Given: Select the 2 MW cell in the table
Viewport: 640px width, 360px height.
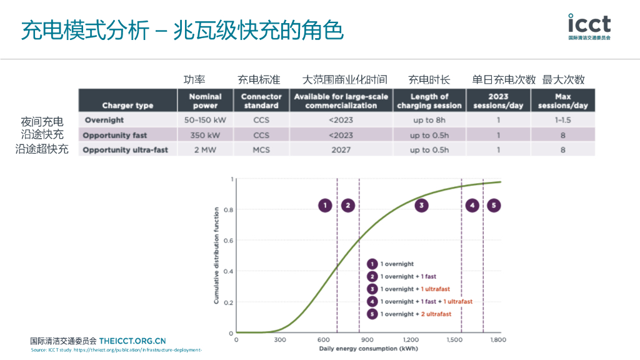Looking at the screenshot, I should [x=205, y=150].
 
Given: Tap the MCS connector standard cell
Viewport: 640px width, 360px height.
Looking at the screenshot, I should [x=261, y=150].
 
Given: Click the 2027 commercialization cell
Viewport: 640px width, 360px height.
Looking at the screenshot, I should [x=341, y=150].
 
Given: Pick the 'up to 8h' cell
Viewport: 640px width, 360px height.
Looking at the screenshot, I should [x=429, y=120].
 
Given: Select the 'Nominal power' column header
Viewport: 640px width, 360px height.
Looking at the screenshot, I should [x=205, y=101].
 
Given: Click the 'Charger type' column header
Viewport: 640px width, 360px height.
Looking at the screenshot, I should [x=127, y=106].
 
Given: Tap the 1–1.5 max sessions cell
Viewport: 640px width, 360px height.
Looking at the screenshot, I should [x=562, y=120].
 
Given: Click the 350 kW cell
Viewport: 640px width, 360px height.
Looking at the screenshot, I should [x=205, y=135].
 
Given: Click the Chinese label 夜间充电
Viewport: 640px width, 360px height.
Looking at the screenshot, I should [x=42, y=121].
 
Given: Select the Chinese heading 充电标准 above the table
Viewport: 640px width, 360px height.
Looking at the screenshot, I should [x=259, y=80].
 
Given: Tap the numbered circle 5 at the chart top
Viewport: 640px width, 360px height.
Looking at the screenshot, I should [x=494, y=205].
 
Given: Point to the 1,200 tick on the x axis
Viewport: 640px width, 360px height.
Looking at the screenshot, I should [x=411, y=340].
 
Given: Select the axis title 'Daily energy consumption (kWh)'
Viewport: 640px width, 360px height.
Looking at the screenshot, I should [x=368, y=349].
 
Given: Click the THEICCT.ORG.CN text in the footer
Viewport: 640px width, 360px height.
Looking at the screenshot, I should [x=132, y=341].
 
